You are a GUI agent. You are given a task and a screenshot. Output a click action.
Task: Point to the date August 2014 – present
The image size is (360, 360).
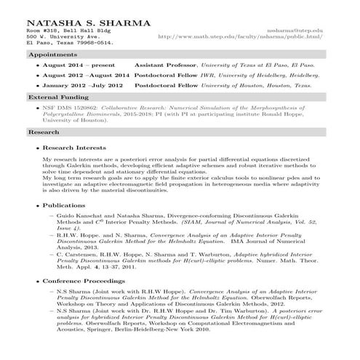[x=75, y=65]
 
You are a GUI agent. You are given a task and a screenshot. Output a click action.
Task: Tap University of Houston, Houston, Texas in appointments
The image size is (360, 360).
[x=269, y=85]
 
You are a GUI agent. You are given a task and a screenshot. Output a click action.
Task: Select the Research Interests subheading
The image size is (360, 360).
[x=75, y=148]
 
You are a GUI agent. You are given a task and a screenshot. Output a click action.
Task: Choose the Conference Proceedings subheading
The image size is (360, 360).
[x=86, y=281]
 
